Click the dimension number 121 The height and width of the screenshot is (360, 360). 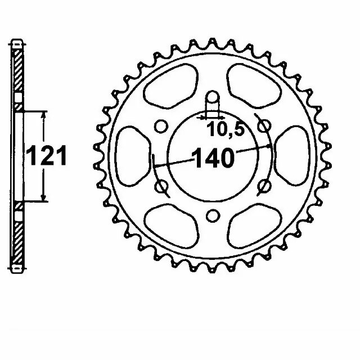tap(47, 156)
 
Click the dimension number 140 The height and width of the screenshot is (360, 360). tap(214, 157)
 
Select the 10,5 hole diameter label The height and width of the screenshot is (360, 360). tap(225, 129)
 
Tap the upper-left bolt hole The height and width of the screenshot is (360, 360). tap(161, 127)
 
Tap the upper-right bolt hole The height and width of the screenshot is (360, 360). tap(264, 126)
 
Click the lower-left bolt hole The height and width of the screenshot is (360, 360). tap(161, 186)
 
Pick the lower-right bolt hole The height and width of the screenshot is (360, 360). tap(264, 186)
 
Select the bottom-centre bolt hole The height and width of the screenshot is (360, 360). tap(213, 216)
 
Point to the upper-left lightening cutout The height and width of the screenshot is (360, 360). tap(171, 86)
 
